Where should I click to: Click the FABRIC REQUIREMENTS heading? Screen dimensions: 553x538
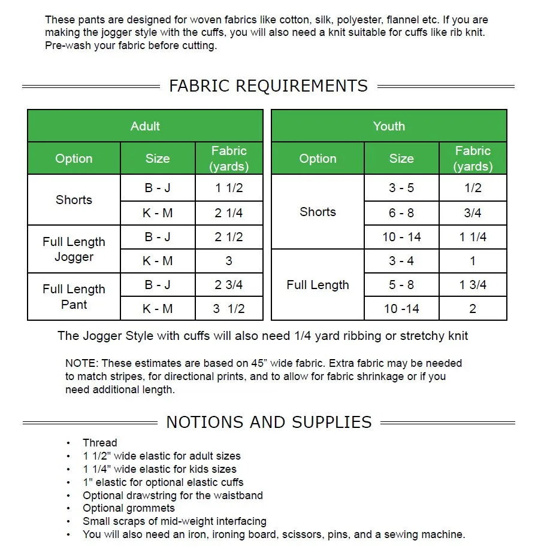268,86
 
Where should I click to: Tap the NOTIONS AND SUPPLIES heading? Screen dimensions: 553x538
268,422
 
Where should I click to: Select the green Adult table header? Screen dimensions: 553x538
145,126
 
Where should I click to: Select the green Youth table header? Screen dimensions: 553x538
389,126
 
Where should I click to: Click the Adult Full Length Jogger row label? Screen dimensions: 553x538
74,249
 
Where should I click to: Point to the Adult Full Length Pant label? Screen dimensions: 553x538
74,296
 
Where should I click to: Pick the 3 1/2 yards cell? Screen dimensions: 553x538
229,309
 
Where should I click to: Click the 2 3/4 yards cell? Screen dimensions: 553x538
229,285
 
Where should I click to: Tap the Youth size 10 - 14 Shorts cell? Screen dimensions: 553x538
401,237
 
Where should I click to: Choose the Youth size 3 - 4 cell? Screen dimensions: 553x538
401,261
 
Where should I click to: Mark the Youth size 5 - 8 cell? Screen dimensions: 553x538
401,285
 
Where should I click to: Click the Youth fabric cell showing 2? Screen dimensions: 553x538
473,309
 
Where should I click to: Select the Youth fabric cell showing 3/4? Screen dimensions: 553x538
473,213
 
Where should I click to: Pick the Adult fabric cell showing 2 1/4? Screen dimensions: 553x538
229,213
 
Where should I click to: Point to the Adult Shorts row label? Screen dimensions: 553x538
74,200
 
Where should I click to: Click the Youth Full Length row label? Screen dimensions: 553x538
318,285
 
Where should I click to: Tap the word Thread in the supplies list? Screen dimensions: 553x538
100,443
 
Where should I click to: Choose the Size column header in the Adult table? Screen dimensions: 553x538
158,159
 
